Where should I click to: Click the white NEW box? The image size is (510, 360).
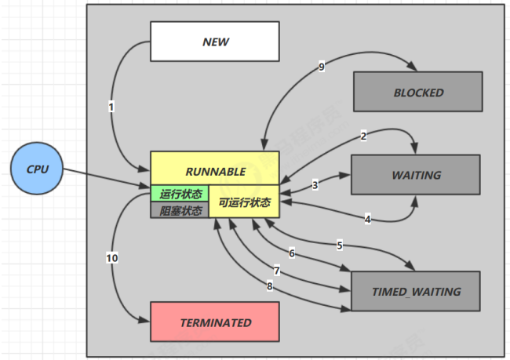(x=214, y=41)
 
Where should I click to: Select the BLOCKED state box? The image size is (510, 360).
(x=418, y=93)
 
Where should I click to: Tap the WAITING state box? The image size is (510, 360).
(x=415, y=175)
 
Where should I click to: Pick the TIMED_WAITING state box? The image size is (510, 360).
(x=416, y=292)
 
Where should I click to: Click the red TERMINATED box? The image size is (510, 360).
(x=215, y=322)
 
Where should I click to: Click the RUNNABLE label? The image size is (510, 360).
(x=215, y=171)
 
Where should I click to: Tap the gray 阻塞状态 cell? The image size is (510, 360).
(x=180, y=210)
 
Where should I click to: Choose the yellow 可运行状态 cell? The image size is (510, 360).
(x=244, y=202)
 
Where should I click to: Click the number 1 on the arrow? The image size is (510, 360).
(x=112, y=106)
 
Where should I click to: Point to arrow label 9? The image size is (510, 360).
(x=321, y=67)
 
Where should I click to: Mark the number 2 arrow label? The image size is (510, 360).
(x=363, y=136)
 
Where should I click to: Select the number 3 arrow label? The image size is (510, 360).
(x=315, y=186)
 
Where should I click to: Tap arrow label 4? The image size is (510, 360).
(x=367, y=219)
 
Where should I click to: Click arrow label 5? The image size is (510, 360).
(x=339, y=245)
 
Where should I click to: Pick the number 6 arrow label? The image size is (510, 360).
(x=291, y=253)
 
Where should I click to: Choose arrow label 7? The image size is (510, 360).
(x=276, y=271)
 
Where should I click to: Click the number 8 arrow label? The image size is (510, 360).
(x=269, y=286)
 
